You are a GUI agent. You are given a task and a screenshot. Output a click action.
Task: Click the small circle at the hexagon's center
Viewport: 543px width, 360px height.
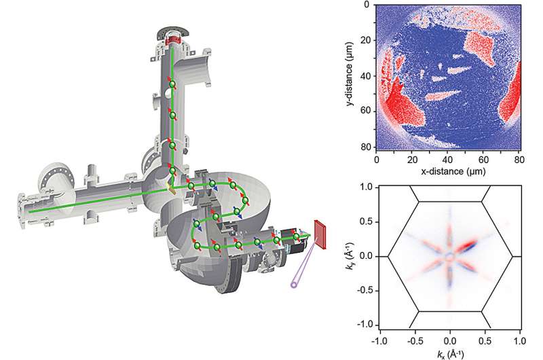[x=449, y=257]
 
